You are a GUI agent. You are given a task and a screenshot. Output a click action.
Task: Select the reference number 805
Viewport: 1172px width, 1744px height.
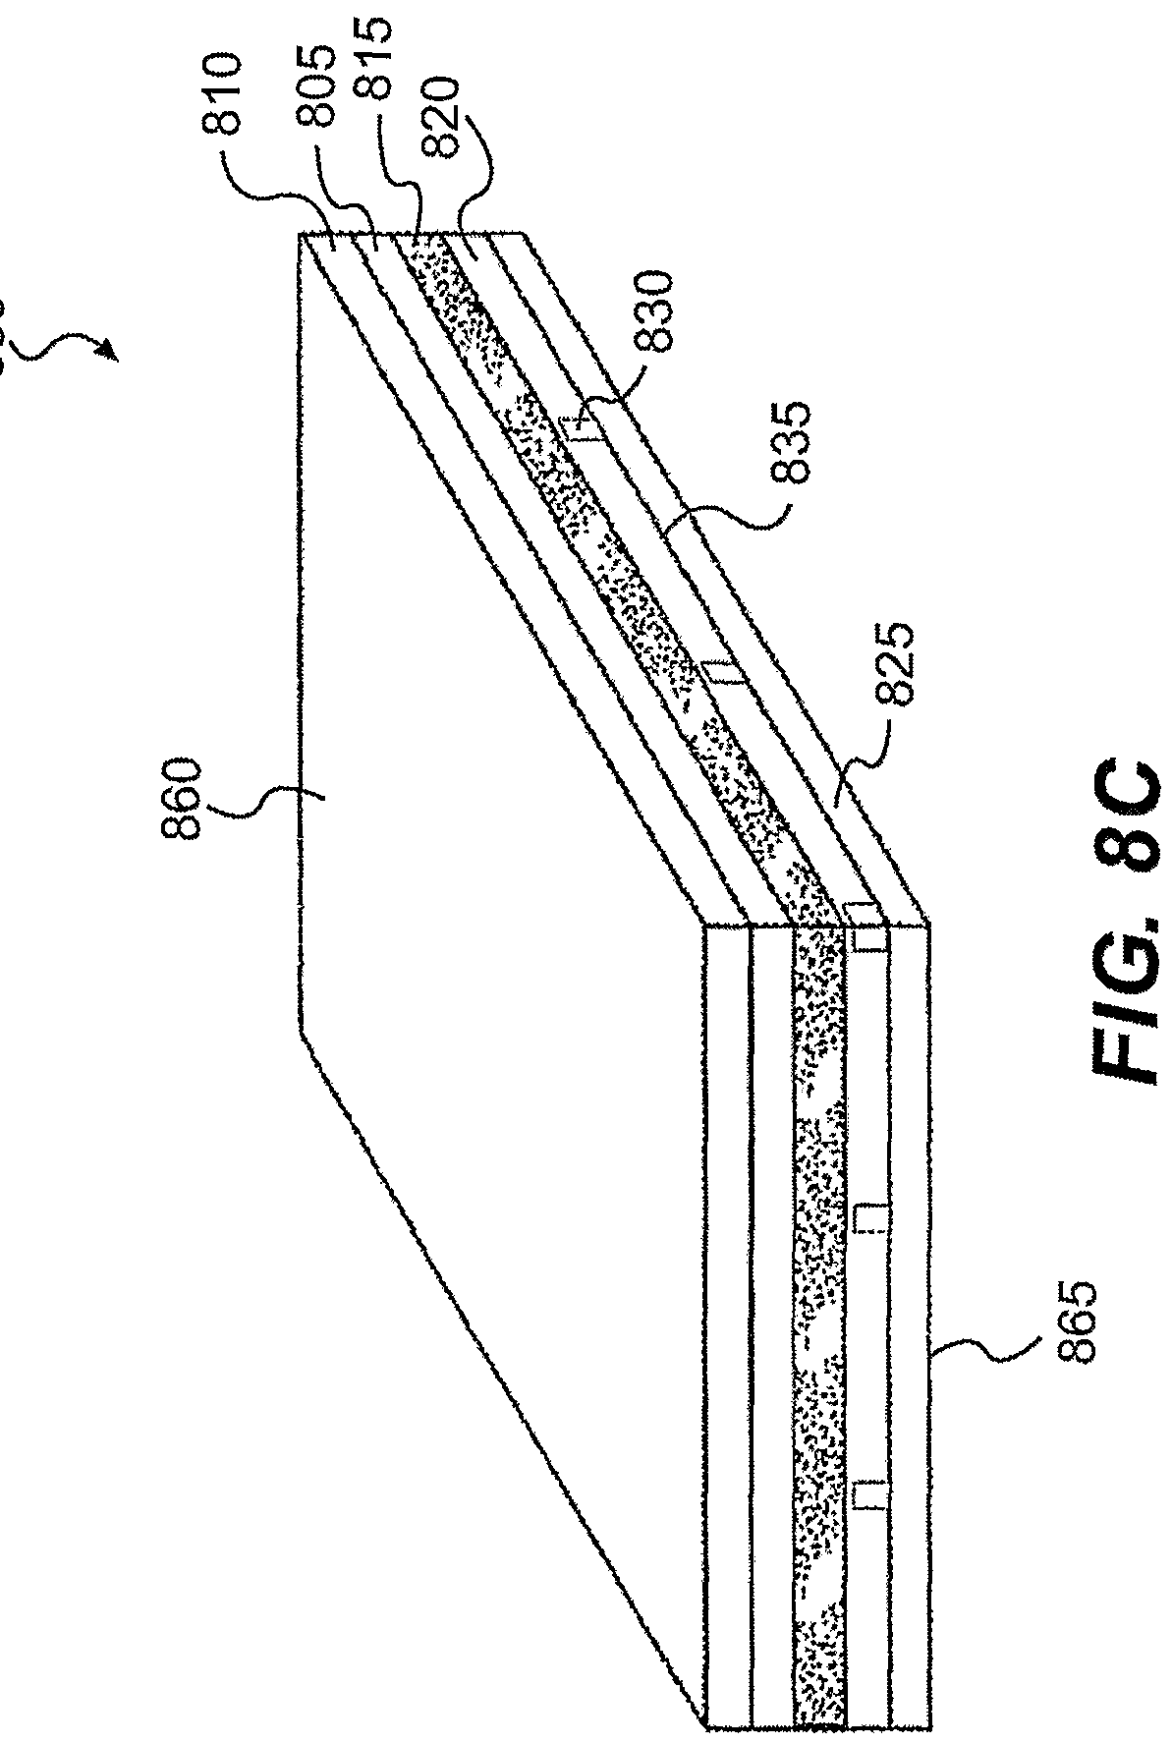pos(318,95)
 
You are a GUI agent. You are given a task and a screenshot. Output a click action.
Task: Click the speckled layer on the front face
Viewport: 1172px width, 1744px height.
pos(818,1277)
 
